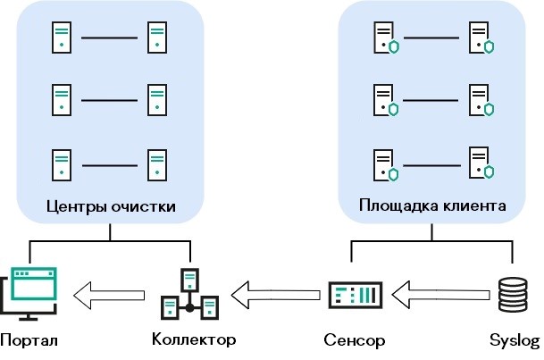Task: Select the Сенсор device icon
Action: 355,292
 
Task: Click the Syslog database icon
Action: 511,292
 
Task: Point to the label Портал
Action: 29,341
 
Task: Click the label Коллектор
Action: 194,340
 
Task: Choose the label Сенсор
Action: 355,340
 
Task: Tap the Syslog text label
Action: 515,341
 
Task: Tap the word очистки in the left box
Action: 144,206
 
